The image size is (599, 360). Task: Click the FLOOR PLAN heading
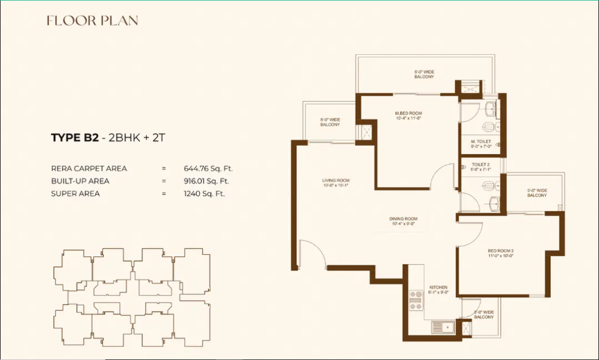click(x=92, y=21)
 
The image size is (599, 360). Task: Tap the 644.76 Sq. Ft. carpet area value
click(x=208, y=168)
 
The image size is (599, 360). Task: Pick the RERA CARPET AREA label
click(x=89, y=168)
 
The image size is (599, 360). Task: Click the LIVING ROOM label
click(x=336, y=180)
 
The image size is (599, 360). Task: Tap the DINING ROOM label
click(x=404, y=219)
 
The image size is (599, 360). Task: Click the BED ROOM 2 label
click(x=500, y=250)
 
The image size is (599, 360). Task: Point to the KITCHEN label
click(x=438, y=287)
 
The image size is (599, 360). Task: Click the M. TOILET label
click(x=481, y=141)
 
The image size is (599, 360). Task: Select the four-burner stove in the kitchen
click(x=415, y=300)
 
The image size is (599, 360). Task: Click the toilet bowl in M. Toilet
click(x=489, y=126)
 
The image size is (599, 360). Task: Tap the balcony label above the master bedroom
click(x=424, y=74)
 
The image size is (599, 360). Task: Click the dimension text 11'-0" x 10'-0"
click(x=500, y=255)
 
